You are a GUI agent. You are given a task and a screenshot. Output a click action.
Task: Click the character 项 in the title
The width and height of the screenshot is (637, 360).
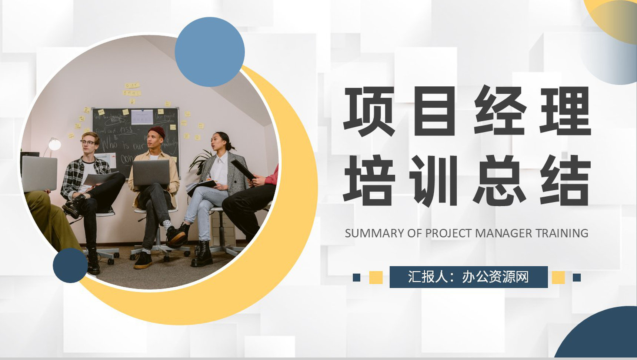coord(369,111)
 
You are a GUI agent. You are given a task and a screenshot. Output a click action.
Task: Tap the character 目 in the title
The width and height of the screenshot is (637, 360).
coord(434,111)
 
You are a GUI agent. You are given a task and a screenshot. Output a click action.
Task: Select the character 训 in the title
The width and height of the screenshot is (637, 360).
coord(434,180)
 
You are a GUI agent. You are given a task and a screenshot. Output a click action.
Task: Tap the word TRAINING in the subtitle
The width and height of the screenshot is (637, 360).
coord(562,233)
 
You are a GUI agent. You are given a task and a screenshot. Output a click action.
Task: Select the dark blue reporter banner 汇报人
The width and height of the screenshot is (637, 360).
coord(468,277)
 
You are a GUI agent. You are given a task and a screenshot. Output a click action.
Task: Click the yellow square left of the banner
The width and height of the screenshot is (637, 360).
coord(376,277)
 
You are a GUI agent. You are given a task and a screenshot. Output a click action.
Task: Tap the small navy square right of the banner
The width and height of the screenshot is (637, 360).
coord(577,277)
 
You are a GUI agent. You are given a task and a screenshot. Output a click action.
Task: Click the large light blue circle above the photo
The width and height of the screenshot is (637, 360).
coord(210,52)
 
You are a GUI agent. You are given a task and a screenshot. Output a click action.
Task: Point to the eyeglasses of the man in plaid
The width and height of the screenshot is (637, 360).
coord(88,143)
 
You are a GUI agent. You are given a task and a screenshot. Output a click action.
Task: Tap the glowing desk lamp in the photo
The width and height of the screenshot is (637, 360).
coord(54,144)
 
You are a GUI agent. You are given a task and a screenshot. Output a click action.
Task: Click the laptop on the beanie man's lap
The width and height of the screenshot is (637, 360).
coord(151,172)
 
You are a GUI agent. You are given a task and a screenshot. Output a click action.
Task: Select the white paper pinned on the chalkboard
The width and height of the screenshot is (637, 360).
coord(142,117)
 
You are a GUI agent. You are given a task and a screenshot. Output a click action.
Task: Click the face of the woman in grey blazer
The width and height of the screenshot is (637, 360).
coord(217,141)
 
